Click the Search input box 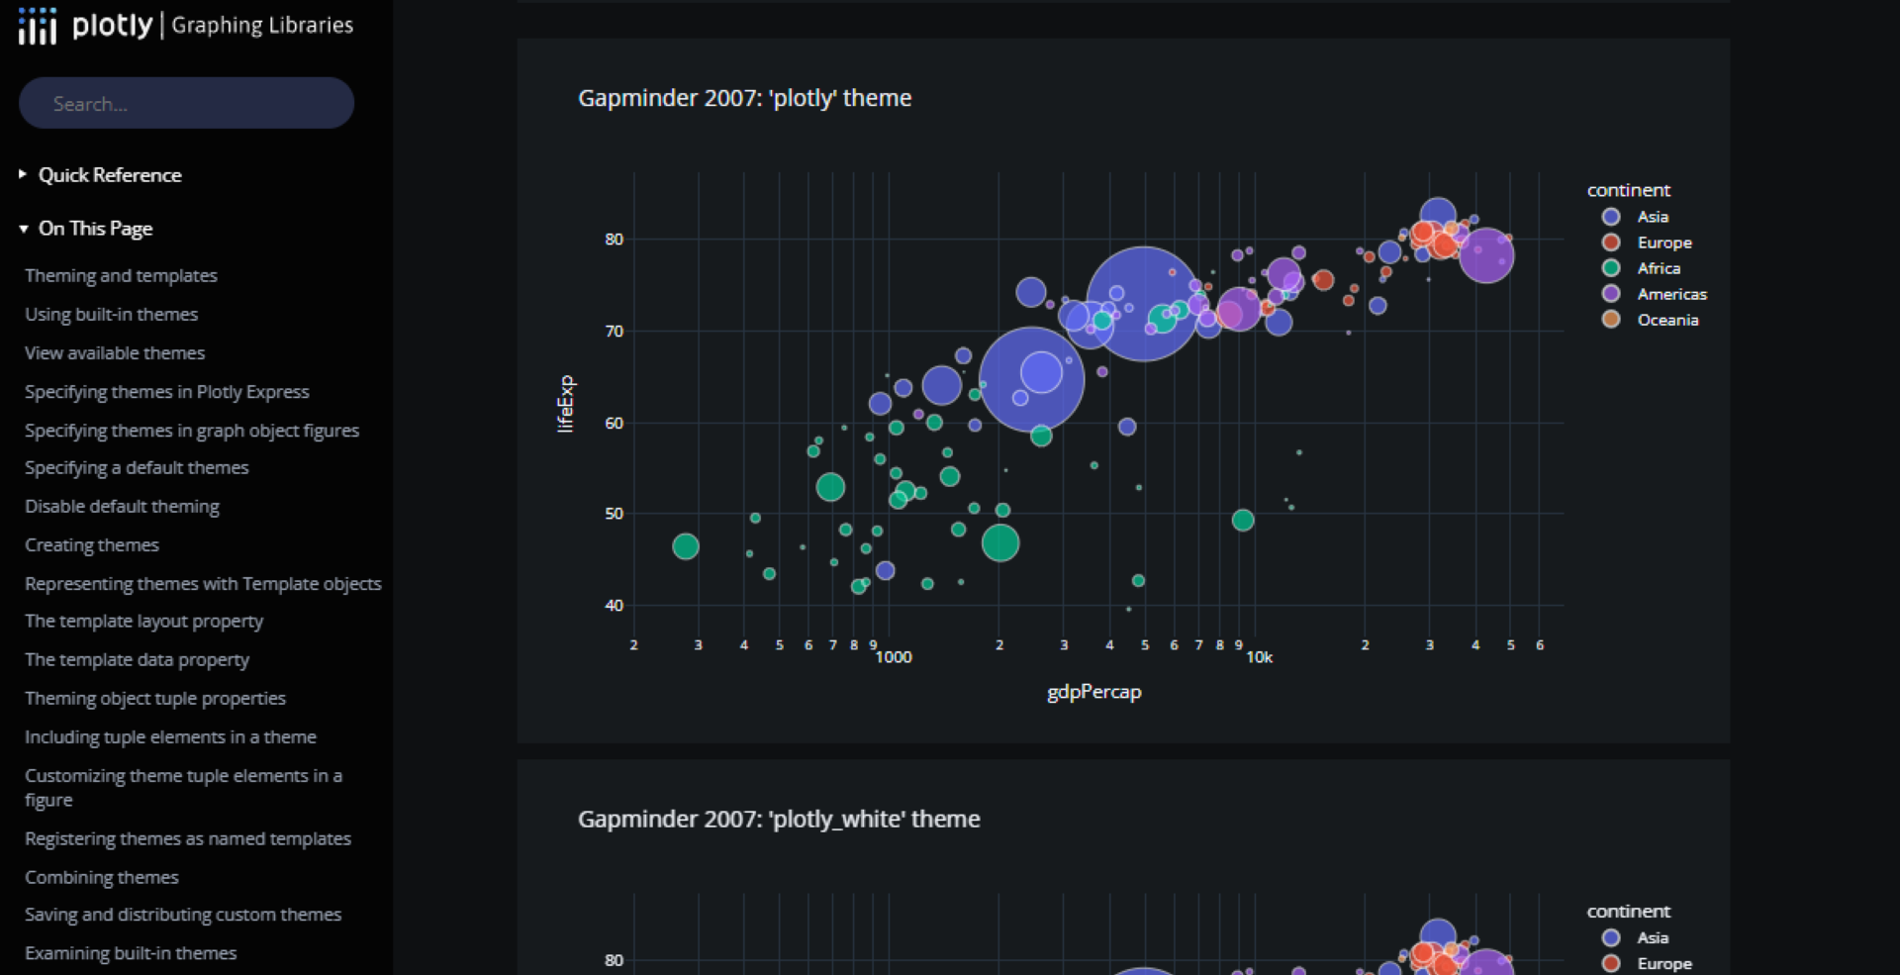[186, 103]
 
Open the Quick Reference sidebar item [109, 175]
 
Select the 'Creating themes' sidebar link [92, 545]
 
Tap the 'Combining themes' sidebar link [102, 877]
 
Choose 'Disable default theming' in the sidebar [122, 507]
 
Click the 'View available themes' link [115, 353]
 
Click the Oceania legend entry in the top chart [1666, 320]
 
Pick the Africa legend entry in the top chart [1658, 268]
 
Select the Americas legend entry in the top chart [1670, 294]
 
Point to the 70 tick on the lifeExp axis [615, 332]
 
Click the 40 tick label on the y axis [615, 606]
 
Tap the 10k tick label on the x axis [1259, 657]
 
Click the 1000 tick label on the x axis [894, 657]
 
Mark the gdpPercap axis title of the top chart [1093, 692]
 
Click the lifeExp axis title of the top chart [565, 404]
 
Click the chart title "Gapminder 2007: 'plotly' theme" [744, 98]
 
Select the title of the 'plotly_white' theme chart [779, 820]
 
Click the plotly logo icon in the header [38, 26]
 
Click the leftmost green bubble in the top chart [686, 546]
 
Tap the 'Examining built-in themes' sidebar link [131, 953]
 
